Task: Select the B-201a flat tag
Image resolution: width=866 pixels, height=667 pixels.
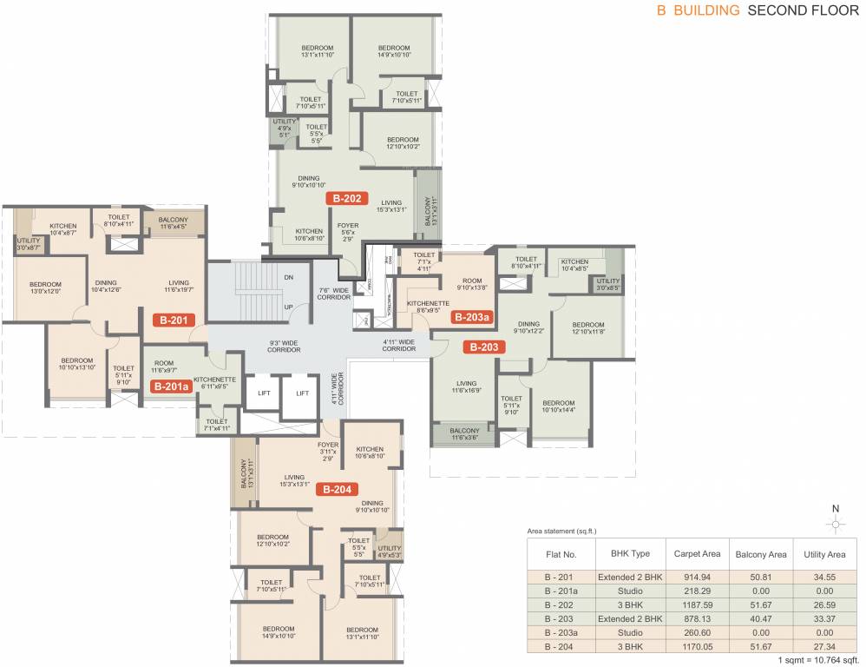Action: (171, 387)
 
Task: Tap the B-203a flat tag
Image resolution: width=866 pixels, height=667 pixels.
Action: (472, 318)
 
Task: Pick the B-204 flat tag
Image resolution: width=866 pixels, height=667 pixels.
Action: (337, 490)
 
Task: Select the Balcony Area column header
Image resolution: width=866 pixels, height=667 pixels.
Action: (761, 553)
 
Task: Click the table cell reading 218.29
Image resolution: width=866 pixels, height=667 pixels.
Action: (698, 591)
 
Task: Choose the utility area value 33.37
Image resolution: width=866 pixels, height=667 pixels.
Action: (825, 618)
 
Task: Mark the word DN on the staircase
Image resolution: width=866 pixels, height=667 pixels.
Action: (289, 278)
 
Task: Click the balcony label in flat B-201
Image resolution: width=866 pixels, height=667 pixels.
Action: (173, 224)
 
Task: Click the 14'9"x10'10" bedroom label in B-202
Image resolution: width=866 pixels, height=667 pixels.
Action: (393, 51)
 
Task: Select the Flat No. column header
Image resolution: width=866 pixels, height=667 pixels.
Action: (561, 553)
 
